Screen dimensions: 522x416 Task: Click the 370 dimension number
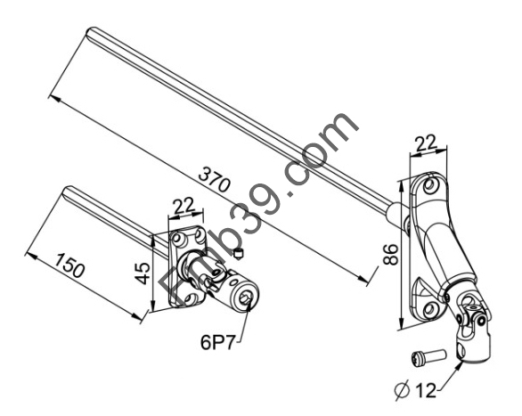click(214, 180)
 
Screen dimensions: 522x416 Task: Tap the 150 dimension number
click(69, 265)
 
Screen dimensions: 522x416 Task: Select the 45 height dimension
click(143, 273)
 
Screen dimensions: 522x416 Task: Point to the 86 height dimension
click(390, 254)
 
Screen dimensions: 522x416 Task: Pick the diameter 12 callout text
click(415, 390)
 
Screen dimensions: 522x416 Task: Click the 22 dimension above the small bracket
click(184, 207)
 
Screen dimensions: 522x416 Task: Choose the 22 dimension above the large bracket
click(426, 143)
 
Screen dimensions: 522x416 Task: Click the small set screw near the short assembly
click(239, 254)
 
